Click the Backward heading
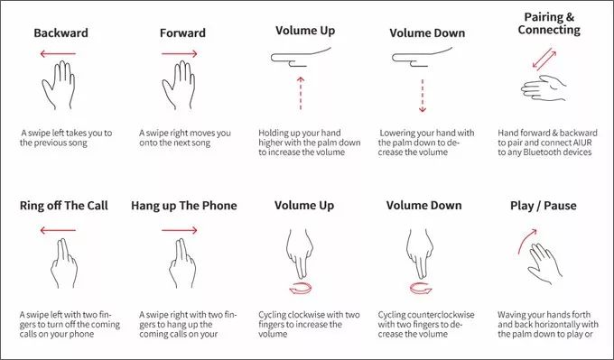click(60, 32)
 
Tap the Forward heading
click(182, 32)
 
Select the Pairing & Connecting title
click(549, 23)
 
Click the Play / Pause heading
click(544, 206)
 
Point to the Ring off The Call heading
click(64, 206)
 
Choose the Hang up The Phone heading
click(184, 206)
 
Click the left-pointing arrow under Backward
click(58, 53)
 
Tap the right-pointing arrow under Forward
click(180, 53)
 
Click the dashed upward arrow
click(301, 94)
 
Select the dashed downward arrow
click(423, 96)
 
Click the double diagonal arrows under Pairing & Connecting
click(544, 60)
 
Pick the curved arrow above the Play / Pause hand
click(526, 241)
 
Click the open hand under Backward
click(59, 85)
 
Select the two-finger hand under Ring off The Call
click(64, 263)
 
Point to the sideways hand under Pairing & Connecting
click(544, 88)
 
